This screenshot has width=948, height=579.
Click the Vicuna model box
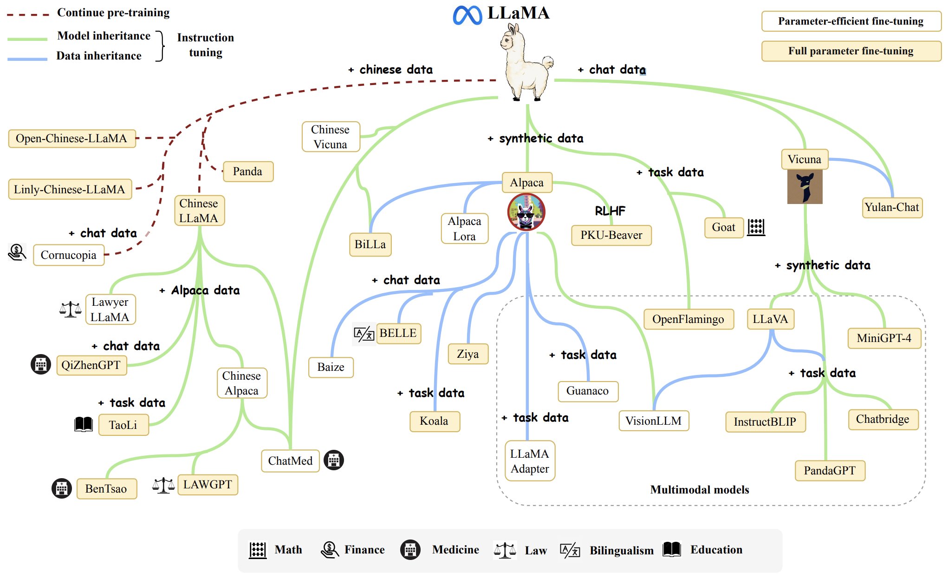[805, 159]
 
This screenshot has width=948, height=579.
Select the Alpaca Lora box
[465, 229]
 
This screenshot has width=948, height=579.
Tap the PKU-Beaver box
[611, 235]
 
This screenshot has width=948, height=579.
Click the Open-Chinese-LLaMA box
[72, 138]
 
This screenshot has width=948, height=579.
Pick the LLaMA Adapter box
[530, 461]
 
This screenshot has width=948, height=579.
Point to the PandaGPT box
[830, 471]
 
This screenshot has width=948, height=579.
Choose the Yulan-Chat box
[892, 207]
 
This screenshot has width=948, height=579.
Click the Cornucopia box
[69, 255]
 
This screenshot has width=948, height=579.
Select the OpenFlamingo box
[688, 319]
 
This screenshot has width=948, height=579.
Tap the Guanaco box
[588, 391]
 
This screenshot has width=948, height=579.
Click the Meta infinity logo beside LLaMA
[468, 15]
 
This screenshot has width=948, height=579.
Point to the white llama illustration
[526, 62]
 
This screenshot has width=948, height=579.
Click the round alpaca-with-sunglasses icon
[526, 212]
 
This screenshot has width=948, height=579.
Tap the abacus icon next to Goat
[756, 227]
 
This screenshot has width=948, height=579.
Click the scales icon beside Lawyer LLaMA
[70, 309]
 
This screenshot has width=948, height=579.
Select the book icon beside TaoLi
[84, 424]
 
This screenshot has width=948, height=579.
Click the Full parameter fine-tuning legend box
[851, 51]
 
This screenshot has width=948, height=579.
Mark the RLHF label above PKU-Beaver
[610, 211]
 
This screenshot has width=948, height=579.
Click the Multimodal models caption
[700, 490]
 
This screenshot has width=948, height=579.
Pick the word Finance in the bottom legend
[364, 550]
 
